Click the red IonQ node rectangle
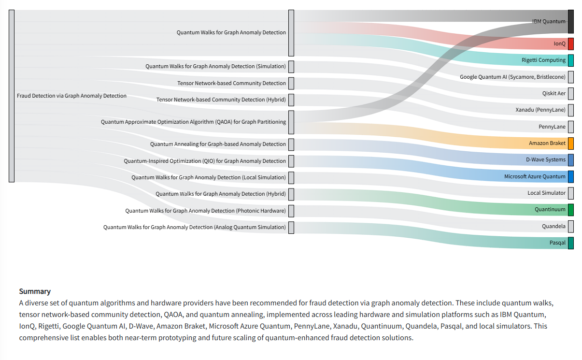click(x=570, y=43)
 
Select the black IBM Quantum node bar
click(x=570, y=22)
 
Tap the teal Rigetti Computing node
click(x=570, y=60)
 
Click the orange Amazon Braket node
click(x=570, y=144)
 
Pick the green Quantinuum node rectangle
click(x=570, y=210)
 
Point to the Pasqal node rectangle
click(x=570, y=243)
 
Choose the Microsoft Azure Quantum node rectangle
click(x=570, y=177)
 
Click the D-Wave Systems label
click(x=546, y=159)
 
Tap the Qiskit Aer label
click(x=554, y=93)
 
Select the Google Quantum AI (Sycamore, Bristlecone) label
click(x=512, y=77)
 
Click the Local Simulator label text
click(x=546, y=193)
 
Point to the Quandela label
click(x=554, y=226)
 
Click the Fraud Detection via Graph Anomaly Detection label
click(x=71, y=96)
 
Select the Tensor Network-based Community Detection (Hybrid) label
click(x=221, y=100)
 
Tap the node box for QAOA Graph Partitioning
click(x=291, y=122)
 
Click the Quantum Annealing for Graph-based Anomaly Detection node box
click(x=291, y=144)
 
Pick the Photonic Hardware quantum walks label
click(x=205, y=211)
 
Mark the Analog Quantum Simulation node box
click(x=291, y=228)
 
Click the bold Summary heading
click(x=35, y=291)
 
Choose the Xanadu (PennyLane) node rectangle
click(x=570, y=110)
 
